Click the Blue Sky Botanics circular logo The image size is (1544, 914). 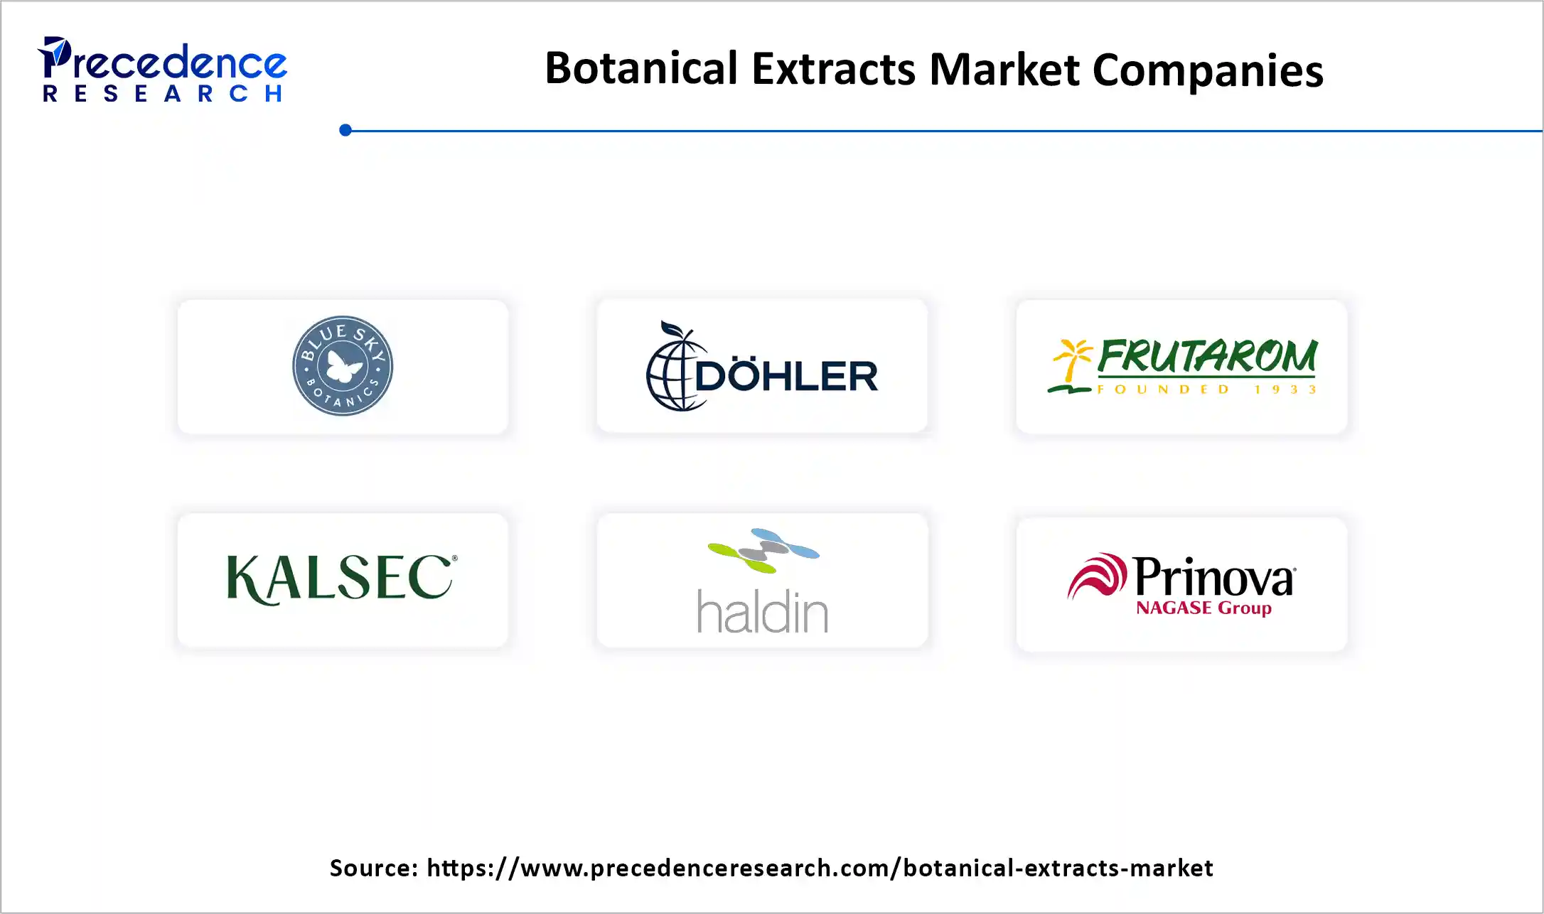tap(343, 366)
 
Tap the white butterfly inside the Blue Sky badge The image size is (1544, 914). tap(345, 367)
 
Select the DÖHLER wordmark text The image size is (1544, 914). tap(786, 376)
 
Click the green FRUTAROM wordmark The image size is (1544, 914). tap(1207, 356)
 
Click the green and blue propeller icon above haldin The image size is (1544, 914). tap(763, 549)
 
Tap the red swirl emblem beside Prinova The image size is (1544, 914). tap(1097, 576)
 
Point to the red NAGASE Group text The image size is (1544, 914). tap(1203, 608)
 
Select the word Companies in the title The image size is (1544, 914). tap(1208, 70)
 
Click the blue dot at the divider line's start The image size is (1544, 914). tap(345, 130)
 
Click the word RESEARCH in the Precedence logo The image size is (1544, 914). tap(163, 94)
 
